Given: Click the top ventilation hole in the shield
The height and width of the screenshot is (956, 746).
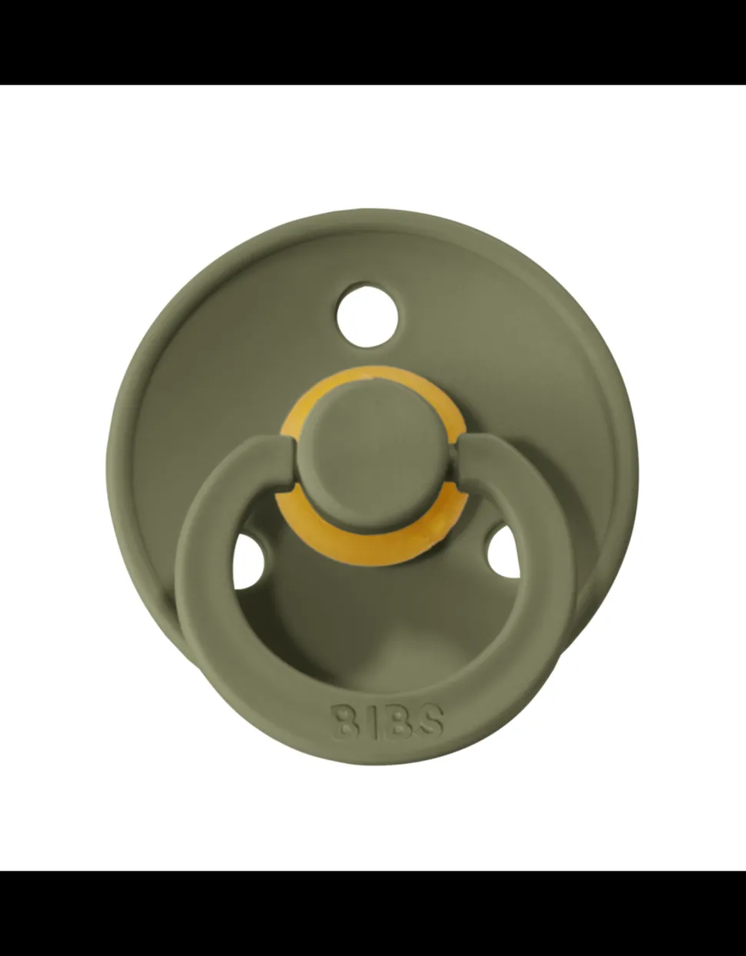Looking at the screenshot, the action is click(368, 314).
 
